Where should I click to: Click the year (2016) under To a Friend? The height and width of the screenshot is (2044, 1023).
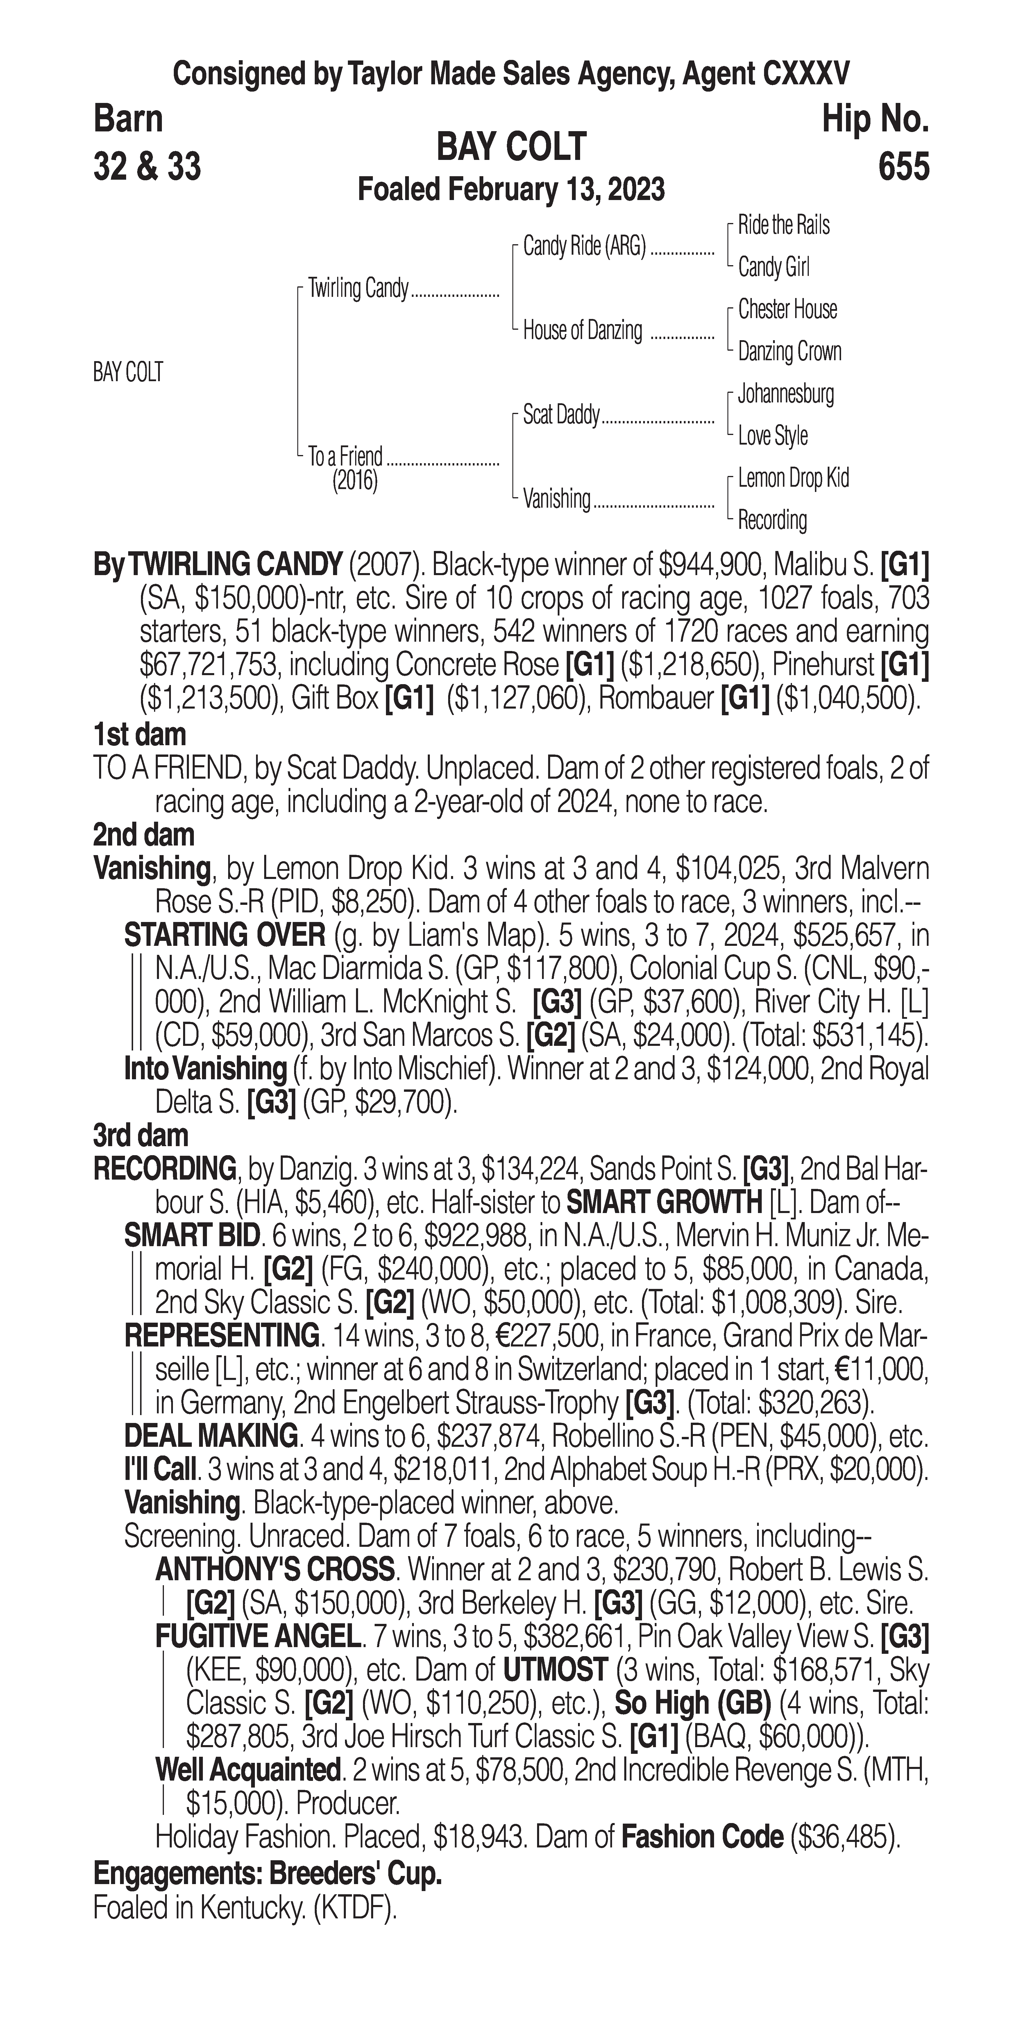point(355,481)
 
